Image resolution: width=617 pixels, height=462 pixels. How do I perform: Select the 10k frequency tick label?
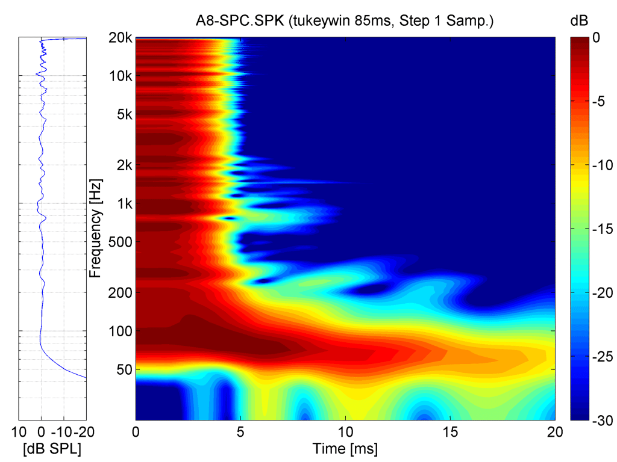(121, 76)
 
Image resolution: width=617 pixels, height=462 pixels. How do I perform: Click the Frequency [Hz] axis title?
(95, 228)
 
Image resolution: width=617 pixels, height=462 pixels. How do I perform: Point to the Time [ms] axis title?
(345, 448)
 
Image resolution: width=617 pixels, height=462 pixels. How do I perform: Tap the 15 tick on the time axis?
(450, 432)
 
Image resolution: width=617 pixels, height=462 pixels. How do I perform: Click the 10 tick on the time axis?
(345, 432)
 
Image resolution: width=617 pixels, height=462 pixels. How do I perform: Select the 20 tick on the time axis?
(555, 432)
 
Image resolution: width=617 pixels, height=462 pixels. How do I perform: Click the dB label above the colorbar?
(578, 22)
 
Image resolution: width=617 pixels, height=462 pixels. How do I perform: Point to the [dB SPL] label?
(53, 448)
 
